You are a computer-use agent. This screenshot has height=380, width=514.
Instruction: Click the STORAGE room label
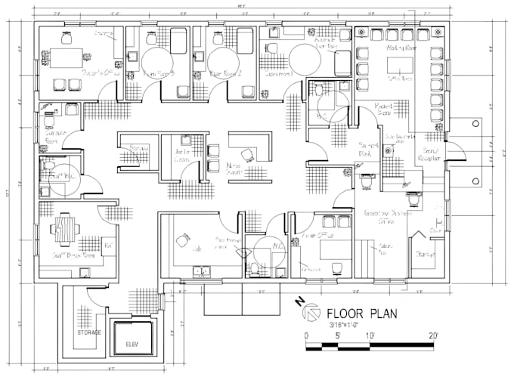coord(88,332)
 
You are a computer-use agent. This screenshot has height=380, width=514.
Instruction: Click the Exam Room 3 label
coord(159,75)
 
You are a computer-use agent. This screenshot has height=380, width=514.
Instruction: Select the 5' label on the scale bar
coord(338,335)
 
